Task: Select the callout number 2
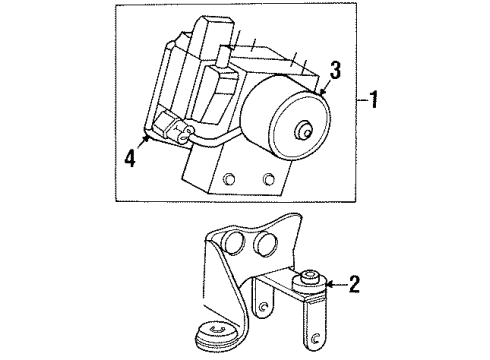tap(354, 285)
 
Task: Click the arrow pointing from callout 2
tap(330, 285)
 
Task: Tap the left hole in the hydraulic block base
tap(230, 178)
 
